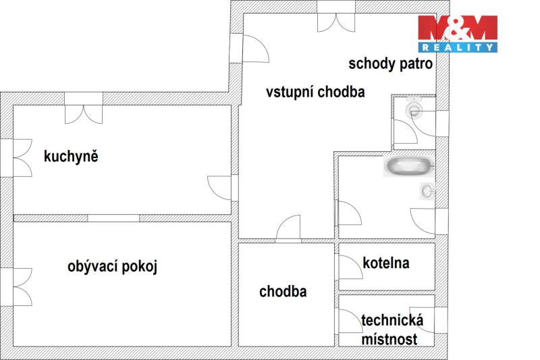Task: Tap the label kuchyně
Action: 71,157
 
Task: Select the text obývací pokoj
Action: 112,266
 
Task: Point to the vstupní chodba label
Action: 315,93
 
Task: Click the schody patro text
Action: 389,64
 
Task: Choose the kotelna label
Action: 387,263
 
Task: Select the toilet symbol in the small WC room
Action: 412,108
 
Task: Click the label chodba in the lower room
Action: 283,292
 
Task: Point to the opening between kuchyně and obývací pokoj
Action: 113,217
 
